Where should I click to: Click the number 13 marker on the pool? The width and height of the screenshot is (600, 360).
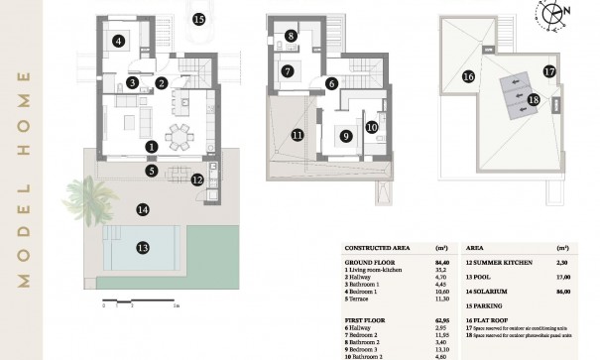click(x=143, y=247)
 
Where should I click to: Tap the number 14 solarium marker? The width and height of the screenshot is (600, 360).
click(x=143, y=209)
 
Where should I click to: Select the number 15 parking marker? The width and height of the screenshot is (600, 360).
click(x=198, y=19)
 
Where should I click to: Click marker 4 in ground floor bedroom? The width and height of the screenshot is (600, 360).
click(x=119, y=41)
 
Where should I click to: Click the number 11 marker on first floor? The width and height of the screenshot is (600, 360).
click(x=296, y=135)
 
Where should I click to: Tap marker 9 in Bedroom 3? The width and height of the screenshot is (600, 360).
click(x=346, y=136)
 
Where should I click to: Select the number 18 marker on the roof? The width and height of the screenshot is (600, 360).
click(x=534, y=99)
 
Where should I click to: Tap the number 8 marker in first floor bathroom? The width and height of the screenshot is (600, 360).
click(x=291, y=37)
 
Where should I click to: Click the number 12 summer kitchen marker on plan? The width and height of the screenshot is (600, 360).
click(x=197, y=180)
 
